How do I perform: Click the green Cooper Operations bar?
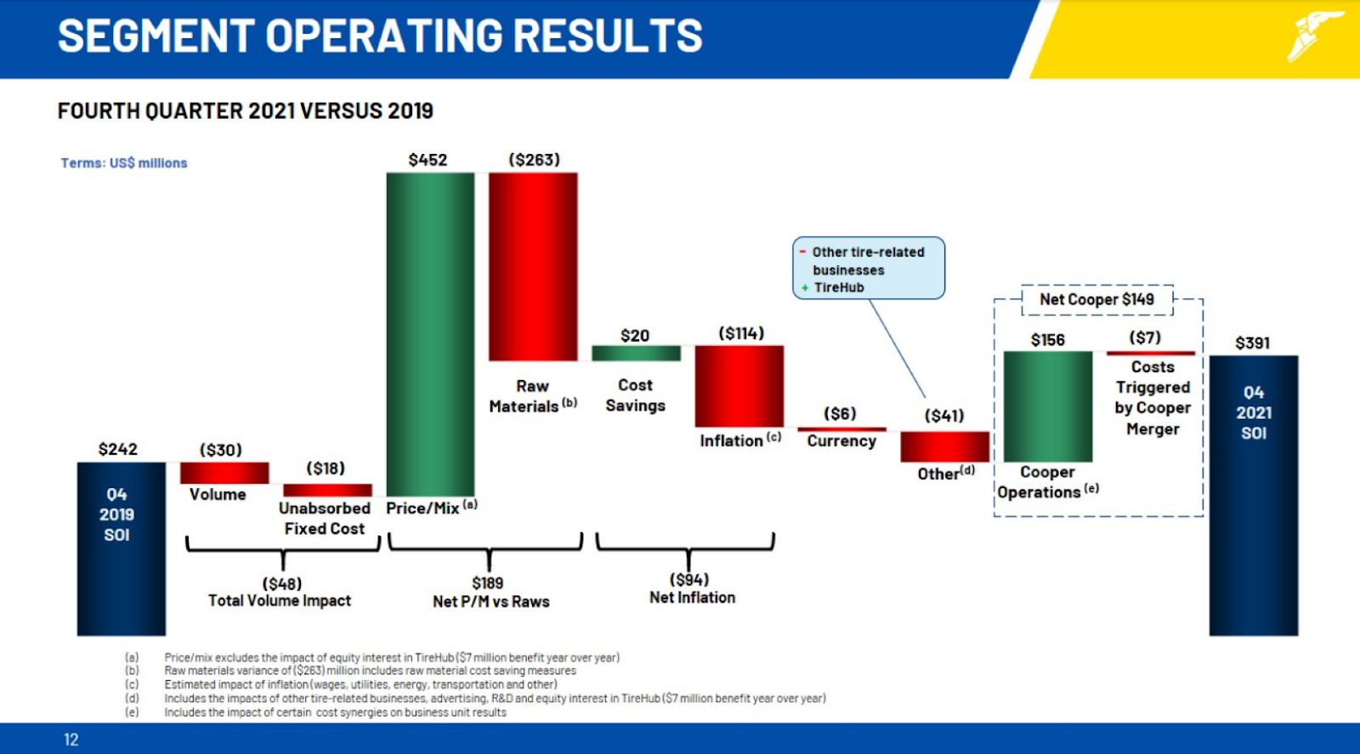click(1047, 406)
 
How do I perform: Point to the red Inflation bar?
click(739, 386)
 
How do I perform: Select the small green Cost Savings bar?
click(636, 353)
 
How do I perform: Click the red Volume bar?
click(224, 473)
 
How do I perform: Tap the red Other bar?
click(944, 446)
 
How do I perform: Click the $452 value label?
click(428, 160)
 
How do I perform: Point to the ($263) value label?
click(534, 160)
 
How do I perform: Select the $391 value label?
click(1252, 343)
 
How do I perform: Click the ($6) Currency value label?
click(840, 413)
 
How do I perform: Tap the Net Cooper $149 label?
click(1096, 299)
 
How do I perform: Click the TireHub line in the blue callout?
click(838, 287)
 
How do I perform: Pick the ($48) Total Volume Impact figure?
click(282, 584)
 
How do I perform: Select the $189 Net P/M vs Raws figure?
click(488, 583)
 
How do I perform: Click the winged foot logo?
click(1312, 37)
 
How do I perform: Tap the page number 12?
click(71, 740)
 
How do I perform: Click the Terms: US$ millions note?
click(124, 163)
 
